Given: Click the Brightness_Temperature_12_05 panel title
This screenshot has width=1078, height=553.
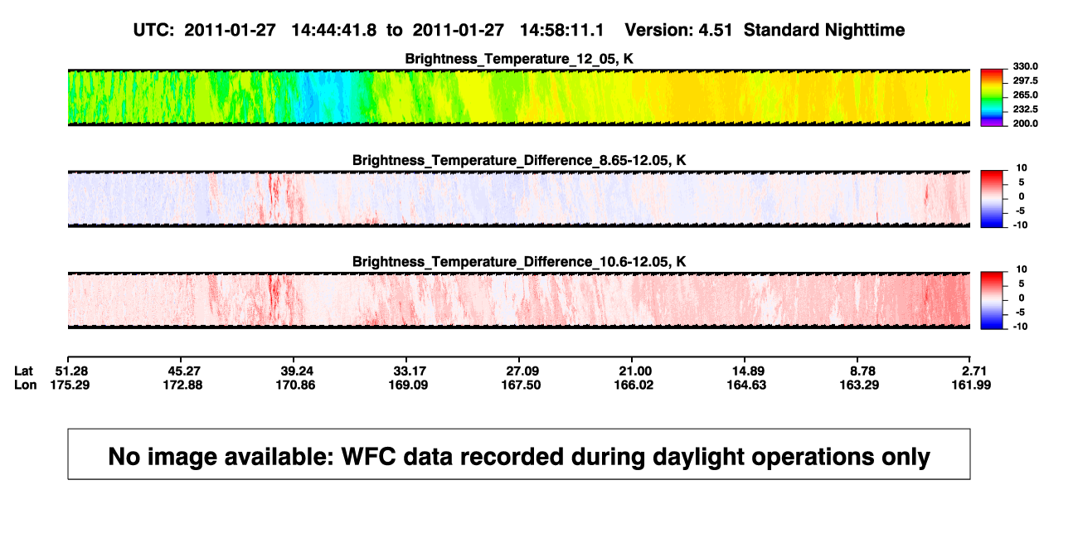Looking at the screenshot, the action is [519, 59].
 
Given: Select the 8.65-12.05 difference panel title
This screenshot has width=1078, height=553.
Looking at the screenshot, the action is [519, 160].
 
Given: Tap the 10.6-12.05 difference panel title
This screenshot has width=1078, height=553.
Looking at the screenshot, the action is [519, 262].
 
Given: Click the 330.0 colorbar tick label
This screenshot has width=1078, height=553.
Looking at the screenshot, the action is [1025, 66].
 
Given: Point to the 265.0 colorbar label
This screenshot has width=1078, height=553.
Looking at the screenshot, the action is [1025, 95].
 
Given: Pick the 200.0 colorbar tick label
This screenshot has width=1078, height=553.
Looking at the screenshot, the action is [1025, 124].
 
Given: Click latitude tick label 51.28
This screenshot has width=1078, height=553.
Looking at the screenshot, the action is [71, 371].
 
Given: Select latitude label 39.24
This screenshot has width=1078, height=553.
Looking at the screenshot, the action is [297, 371].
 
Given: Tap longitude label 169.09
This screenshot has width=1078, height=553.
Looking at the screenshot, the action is [408, 385].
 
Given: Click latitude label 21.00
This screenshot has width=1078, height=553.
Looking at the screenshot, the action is [635, 371].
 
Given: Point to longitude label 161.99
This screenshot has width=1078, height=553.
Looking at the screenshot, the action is [971, 385].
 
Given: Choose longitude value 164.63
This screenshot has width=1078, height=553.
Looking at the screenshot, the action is [746, 385].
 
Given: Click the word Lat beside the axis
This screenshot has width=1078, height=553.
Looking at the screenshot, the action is [23, 371].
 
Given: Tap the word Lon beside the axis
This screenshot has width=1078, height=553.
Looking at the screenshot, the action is [25, 385].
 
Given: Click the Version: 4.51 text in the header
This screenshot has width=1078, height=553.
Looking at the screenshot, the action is [678, 30].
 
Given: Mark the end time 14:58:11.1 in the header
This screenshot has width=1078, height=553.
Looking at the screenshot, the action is [561, 30].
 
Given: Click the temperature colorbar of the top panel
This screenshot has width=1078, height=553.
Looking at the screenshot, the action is [992, 98].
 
